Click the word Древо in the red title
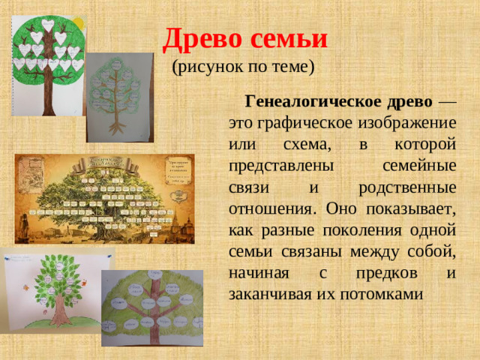click(x=196, y=37)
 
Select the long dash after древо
click(x=446, y=101)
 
